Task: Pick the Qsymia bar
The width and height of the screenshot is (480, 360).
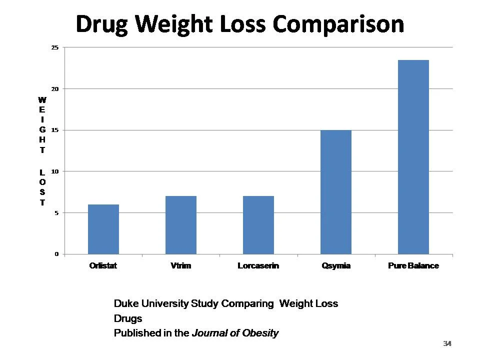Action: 336,192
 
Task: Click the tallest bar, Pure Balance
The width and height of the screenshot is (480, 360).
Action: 413,157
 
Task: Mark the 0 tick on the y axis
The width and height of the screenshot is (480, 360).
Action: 56,254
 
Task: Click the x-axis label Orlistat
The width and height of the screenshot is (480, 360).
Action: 103,266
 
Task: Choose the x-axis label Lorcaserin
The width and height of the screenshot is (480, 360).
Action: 258,266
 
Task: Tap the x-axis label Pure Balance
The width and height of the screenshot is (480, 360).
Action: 413,266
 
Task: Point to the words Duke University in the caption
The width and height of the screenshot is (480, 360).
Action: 151,303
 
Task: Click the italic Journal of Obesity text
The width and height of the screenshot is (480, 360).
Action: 235,333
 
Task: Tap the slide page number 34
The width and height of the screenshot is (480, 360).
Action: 447,343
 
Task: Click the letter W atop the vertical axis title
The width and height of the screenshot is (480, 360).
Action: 42,100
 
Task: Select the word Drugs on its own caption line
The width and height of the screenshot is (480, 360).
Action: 128,318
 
